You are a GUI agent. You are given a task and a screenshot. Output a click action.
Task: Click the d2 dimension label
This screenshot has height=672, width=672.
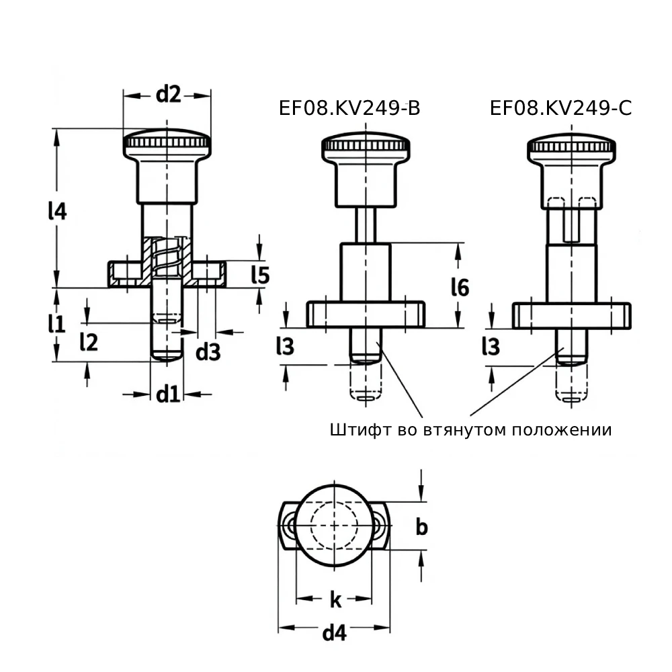[169, 94]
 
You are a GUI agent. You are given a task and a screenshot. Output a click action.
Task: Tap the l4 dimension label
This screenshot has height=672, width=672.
[57, 211]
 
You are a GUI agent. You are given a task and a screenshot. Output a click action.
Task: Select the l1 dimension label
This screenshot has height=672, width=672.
[56, 324]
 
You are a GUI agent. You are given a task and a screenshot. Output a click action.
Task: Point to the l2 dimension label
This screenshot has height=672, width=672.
[89, 342]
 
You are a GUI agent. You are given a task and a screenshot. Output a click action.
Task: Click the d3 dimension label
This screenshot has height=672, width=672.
[208, 352]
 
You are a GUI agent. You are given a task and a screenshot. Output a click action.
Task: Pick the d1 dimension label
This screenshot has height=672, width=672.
[167, 394]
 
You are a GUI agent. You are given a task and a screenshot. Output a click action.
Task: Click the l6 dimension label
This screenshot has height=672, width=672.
[460, 287]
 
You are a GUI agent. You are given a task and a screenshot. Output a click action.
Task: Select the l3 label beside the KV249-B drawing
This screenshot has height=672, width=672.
[286, 346]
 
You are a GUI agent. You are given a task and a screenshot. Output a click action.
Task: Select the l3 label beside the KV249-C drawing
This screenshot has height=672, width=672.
[491, 346]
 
